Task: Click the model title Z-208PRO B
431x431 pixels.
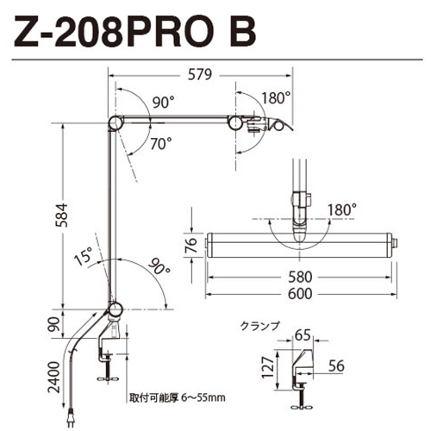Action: click(134, 32)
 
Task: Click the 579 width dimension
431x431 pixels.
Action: click(200, 75)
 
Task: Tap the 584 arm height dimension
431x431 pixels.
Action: click(61, 215)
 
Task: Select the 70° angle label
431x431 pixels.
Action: click(161, 144)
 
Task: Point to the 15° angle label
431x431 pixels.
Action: click(84, 255)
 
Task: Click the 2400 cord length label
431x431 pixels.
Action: click(54, 377)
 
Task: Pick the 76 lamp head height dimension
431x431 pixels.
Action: click(191, 245)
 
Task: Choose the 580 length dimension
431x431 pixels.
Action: click(300, 278)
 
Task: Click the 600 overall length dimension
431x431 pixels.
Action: click(300, 294)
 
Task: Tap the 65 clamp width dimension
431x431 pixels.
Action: click(303, 335)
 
